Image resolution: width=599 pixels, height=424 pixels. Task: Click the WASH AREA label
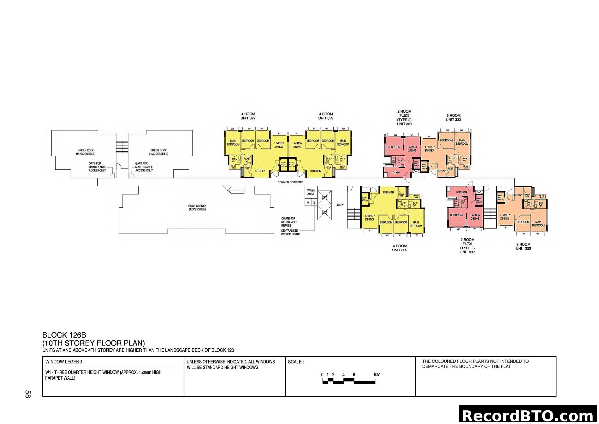point(310,192)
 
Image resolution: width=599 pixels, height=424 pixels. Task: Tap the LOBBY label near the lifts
point(339,205)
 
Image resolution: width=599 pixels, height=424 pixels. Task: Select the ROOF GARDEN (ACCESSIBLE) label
point(197,208)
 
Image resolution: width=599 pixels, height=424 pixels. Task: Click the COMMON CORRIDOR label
point(290,182)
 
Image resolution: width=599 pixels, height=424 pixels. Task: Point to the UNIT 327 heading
point(248,118)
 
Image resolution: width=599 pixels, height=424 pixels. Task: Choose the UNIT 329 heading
point(325,118)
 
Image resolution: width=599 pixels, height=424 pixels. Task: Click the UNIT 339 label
point(400,250)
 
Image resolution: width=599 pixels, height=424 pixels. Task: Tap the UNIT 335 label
point(523,248)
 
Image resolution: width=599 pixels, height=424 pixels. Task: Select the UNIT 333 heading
point(453,119)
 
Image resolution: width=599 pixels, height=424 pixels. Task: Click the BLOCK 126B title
point(64,335)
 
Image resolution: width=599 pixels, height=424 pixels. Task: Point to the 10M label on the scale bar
point(376,375)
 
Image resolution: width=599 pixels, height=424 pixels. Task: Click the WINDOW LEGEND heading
point(65,362)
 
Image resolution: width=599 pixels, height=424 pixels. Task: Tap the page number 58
point(28,394)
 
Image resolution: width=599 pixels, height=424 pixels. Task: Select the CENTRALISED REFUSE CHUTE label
point(290,232)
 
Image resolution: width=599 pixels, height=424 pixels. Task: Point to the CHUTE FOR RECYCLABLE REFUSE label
point(289,222)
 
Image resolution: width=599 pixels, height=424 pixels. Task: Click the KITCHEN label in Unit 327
point(260,171)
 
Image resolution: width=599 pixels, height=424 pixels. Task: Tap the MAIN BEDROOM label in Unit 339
point(416,224)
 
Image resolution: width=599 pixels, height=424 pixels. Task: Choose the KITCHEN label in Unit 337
point(461,192)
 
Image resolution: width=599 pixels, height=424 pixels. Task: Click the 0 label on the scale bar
point(322,375)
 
